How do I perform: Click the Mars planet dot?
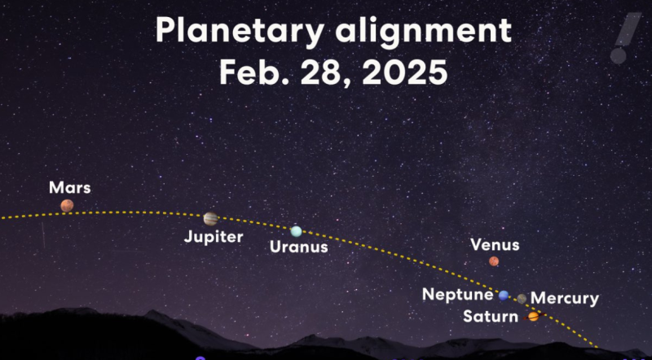pyautogui.click(x=67, y=206)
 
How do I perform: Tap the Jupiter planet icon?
pyautogui.click(x=211, y=218)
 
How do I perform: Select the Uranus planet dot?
pyautogui.click(x=297, y=231)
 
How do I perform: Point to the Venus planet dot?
pyautogui.click(x=494, y=261)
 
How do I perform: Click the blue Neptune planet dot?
pyautogui.click(x=504, y=296)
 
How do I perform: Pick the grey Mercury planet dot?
pyautogui.click(x=522, y=299)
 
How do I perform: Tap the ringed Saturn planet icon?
pyautogui.click(x=534, y=316)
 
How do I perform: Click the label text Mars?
pyautogui.click(x=70, y=188)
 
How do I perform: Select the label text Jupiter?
pyautogui.click(x=214, y=237)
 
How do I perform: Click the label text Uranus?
pyautogui.click(x=298, y=247)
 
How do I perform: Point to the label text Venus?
pyautogui.click(x=495, y=244)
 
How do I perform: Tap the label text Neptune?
pyautogui.click(x=457, y=295)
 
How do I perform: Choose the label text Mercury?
pyautogui.click(x=564, y=299)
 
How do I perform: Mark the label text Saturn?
pyautogui.click(x=490, y=316)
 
